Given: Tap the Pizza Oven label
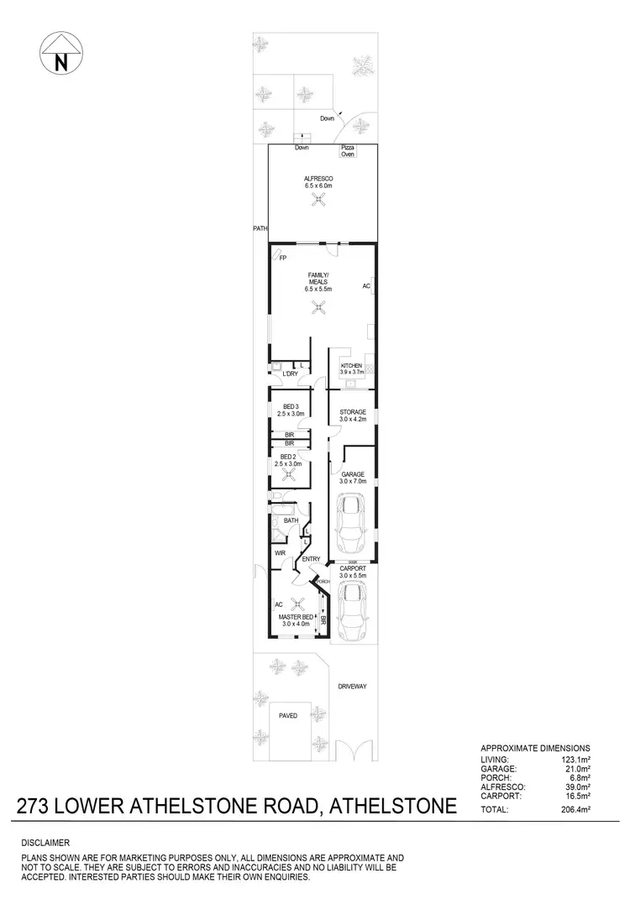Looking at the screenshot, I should [x=348, y=151].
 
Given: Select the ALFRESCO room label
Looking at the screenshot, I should [x=318, y=181].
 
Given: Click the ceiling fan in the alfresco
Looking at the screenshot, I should [x=319, y=199].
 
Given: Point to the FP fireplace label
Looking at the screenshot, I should [x=283, y=258].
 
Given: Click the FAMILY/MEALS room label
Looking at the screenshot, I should [x=318, y=282].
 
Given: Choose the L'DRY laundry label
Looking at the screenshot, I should [x=291, y=374].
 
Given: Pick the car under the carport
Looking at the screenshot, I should [x=352, y=608].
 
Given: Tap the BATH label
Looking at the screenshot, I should [x=291, y=520].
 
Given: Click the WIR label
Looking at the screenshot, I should [x=281, y=553].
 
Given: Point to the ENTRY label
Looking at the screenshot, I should [x=311, y=559].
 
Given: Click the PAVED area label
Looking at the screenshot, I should [x=289, y=716].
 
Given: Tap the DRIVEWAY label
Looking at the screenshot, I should [x=353, y=687].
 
